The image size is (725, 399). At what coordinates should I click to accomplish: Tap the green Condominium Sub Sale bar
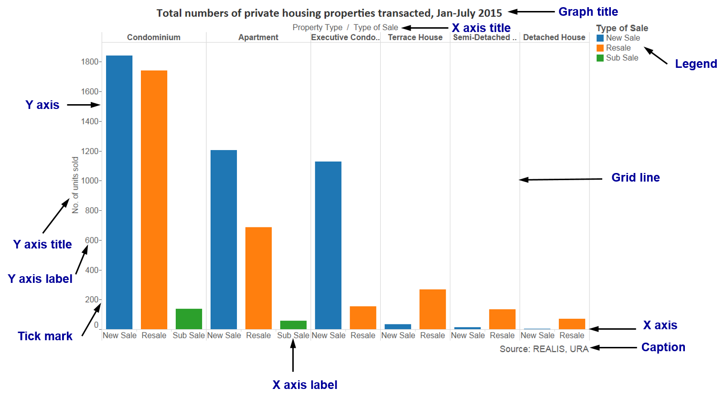[x=189, y=319]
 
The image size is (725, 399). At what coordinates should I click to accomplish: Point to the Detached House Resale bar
[x=572, y=324]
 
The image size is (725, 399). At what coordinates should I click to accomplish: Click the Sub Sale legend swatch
[x=600, y=58]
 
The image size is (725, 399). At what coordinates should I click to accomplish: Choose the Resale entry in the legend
[x=618, y=48]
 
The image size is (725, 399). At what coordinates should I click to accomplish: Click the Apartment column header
[x=258, y=37]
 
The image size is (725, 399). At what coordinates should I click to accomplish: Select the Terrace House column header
[x=415, y=37]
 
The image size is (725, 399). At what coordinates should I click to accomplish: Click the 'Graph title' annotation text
[x=588, y=12]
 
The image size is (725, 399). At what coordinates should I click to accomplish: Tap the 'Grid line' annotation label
[x=635, y=178]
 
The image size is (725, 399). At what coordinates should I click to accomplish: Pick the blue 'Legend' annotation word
[x=696, y=64]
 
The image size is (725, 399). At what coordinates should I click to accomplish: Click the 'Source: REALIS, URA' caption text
[x=544, y=349]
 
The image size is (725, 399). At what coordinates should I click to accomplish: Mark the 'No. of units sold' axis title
[x=75, y=185]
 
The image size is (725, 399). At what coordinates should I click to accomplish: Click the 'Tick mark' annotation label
[x=45, y=336]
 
